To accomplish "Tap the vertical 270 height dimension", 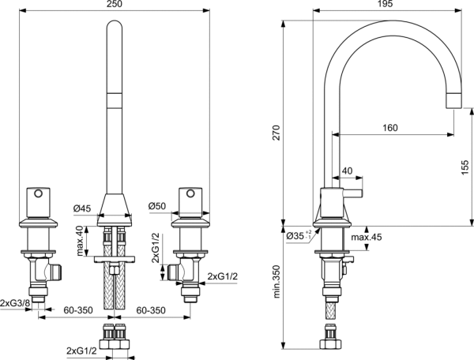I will (x=276, y=134).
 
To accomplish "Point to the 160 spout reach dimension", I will (x=389, y=128).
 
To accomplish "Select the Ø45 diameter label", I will (x=83, y=208).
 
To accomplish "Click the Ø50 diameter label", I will (x=156, y=207).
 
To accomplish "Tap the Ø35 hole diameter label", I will (x=297, y=236).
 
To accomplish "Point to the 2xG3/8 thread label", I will (x=16, y=303).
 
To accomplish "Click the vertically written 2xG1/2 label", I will (x=156, y=247).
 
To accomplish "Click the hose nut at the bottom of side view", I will (x=329, y=343).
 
